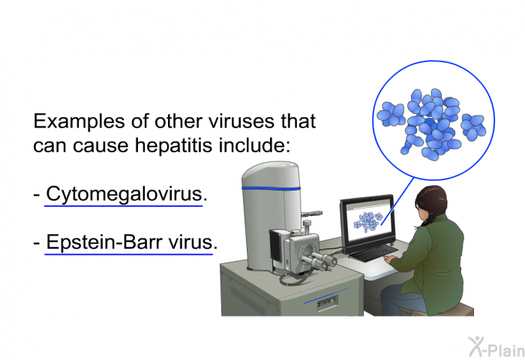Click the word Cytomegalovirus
coord(124,194)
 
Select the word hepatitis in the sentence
coord(174,145)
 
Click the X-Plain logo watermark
coord(496,347)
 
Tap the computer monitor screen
coord(369,220)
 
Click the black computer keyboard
coord(373,253)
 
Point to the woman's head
coord(430,202)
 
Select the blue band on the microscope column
coord(271,189)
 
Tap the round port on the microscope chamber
coord(307,250)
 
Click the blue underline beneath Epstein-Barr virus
coord(129,254)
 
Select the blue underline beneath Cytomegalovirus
coord(124,206)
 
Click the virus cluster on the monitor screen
coord(367,221)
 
